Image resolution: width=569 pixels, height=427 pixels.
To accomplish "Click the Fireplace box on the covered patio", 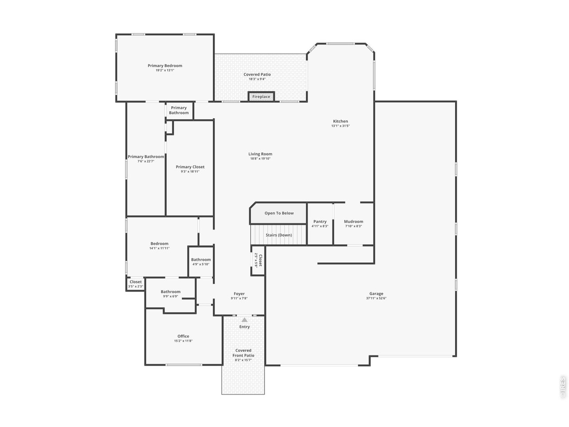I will point(261,97).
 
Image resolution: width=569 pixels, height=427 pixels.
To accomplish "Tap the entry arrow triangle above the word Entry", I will point(244,319).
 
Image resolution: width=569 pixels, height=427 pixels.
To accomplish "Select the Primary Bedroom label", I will point(165,66).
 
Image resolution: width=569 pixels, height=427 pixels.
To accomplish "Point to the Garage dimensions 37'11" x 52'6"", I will point(376,298).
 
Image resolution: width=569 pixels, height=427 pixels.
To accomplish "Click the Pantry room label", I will point(320,222).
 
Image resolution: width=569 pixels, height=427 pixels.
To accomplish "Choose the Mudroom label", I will point(353,222).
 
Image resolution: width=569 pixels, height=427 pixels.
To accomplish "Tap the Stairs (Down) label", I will point(279,235).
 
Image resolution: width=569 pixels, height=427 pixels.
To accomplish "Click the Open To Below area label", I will point(279,213).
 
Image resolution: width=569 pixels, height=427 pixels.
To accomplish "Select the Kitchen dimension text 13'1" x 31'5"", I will point(341,126).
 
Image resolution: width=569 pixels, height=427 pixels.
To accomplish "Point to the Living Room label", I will point(260,154).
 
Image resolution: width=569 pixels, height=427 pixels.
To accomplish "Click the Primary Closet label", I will point(190,167).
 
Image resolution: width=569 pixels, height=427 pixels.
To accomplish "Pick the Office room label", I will point(183,336).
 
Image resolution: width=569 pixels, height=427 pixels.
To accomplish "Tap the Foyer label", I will point(239,294).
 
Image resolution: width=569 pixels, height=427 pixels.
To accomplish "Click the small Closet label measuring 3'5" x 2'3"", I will point(136,282).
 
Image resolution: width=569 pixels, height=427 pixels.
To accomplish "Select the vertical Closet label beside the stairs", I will point(260,260).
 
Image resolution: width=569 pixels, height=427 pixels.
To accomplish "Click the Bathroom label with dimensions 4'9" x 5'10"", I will point(201,260).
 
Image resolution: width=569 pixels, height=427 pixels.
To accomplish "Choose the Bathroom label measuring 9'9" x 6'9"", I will point(170,292).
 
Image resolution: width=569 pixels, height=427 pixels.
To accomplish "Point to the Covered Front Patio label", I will point(243,353).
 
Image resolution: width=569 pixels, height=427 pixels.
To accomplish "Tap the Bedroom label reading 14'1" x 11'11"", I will point(159,244).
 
